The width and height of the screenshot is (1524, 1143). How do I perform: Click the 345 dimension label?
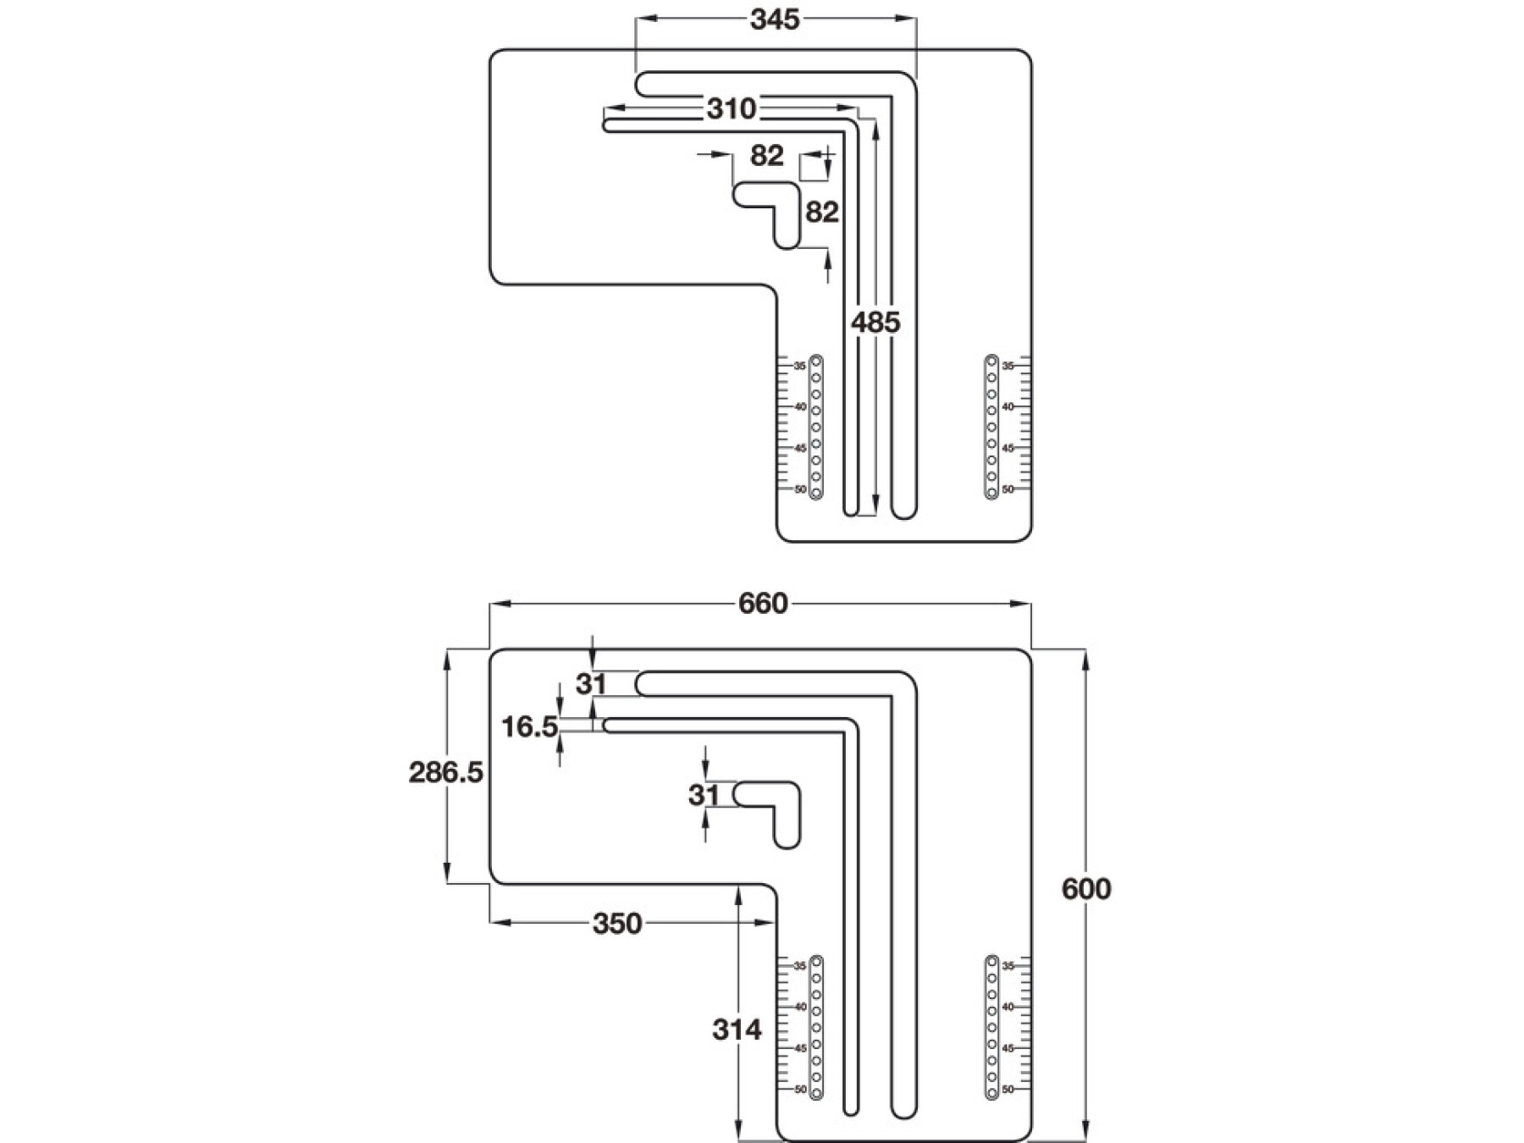point(775,19)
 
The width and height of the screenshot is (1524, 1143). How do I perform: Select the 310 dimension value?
point(732,108)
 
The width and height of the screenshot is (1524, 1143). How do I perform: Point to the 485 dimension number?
point(875,322)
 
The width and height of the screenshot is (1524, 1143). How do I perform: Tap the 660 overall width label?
point(763,604)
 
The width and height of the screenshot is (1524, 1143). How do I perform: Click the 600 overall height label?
point(1086,889)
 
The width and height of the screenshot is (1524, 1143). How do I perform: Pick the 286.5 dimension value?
point(445,772)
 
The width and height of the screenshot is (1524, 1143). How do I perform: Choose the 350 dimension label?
point(617,924)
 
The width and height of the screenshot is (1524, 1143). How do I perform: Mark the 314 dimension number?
point(737,1030)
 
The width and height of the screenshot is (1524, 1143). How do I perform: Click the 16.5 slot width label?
point(529,726)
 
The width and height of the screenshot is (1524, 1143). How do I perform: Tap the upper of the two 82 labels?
point(767,156)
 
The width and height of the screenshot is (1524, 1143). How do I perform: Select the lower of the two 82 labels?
point(821,212)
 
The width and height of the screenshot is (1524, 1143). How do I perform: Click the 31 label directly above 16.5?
point(591,683)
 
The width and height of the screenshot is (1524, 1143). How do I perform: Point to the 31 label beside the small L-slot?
point(704,795)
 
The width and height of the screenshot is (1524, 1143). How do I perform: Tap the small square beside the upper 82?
point(813,167)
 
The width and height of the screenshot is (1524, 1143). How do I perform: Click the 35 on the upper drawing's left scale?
point(799,366)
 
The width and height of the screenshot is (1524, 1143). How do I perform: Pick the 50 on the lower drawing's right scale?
point(1008,1089)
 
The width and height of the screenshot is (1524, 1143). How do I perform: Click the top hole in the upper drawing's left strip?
point(816,362)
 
